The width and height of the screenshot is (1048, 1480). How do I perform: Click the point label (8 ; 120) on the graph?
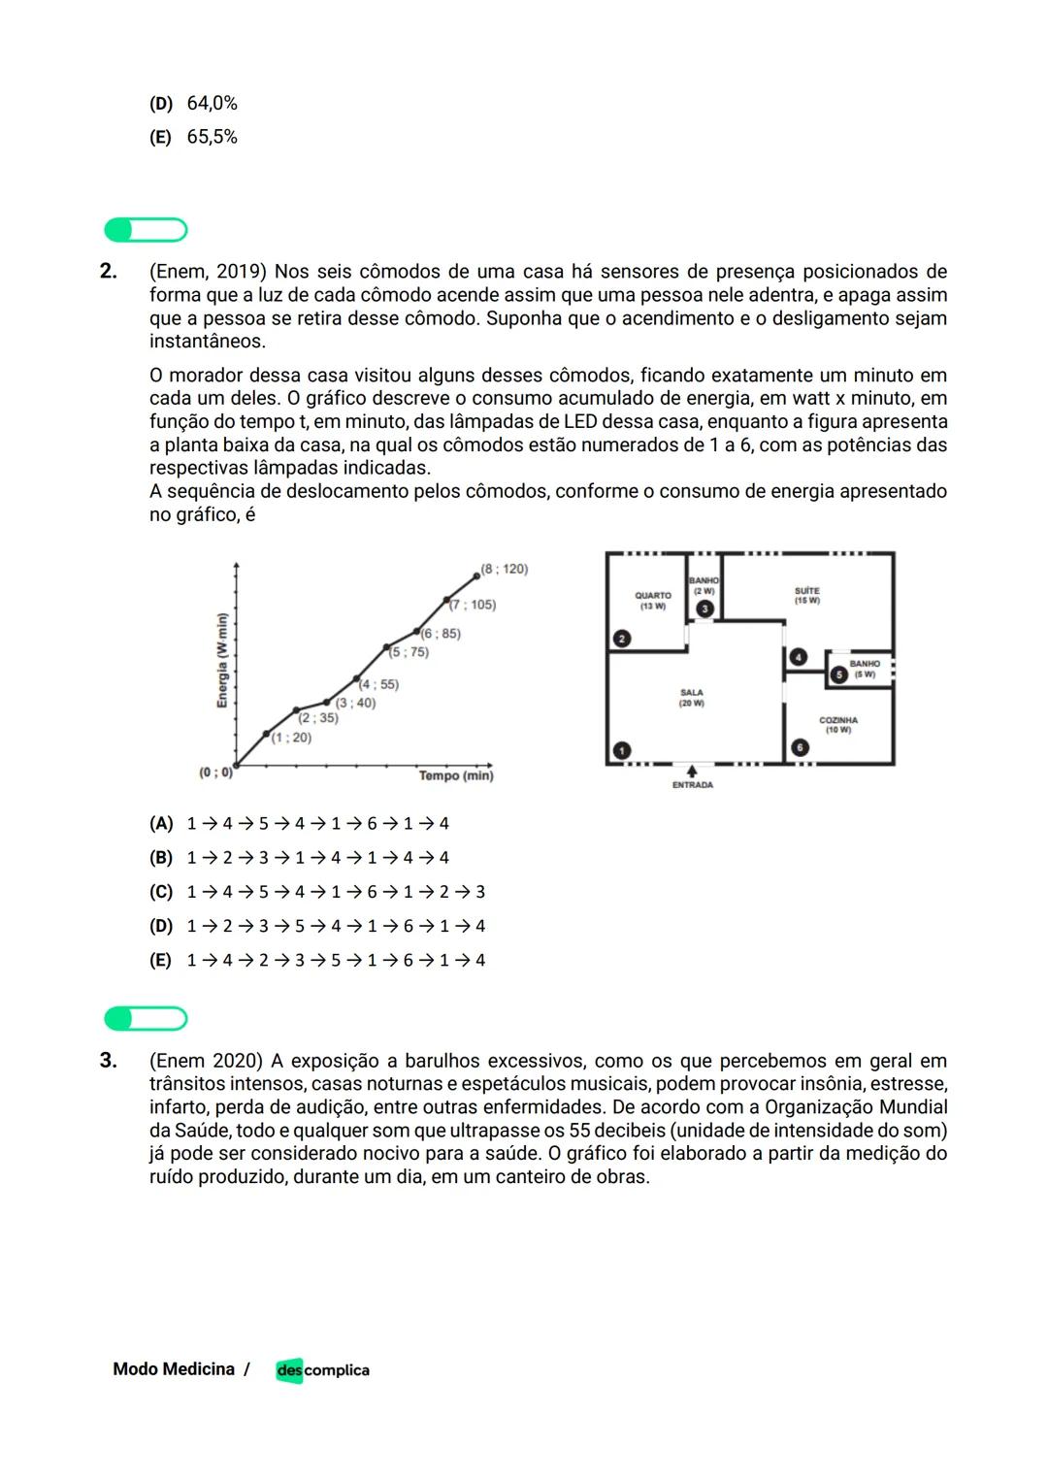505,569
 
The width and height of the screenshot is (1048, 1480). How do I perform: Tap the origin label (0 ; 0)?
215,773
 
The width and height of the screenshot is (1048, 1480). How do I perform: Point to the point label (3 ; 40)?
355,703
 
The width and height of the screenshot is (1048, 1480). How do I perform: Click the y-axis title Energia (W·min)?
222,661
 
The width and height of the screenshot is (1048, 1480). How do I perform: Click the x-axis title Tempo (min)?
456,775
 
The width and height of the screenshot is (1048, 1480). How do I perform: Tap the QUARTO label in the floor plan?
653,596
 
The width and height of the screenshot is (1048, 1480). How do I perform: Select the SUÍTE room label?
806,591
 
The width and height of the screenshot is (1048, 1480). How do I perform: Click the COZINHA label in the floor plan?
838,721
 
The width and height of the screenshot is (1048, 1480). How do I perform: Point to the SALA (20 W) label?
692,698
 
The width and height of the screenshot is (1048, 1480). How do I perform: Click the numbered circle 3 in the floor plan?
705,608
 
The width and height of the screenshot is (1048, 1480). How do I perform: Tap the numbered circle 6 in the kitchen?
800,747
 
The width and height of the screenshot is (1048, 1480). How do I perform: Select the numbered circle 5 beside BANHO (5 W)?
837,674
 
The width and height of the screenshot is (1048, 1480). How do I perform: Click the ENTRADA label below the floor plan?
693,785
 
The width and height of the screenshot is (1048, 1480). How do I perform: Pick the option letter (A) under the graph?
161,824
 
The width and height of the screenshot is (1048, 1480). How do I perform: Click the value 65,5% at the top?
212,137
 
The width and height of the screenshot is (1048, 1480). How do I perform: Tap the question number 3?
109,1060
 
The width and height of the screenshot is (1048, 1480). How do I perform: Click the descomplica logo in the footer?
322,1370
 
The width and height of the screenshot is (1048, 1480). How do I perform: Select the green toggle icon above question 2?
146,230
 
